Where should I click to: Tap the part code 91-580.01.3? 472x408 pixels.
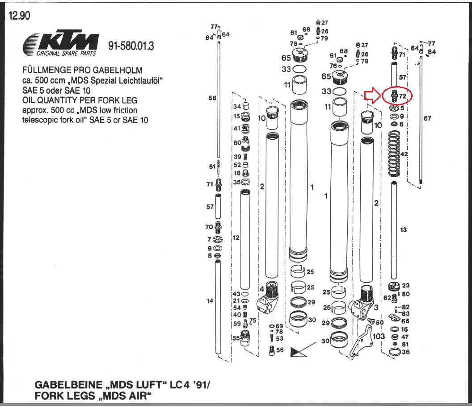(x=131, y=46)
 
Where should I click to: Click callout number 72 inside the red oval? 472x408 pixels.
(x=402, y=96)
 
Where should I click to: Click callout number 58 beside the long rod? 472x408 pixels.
(x=212, y=98)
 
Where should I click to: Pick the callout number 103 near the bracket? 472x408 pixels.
(x=379, y=336)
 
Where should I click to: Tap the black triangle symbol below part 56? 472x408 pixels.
(x=296, y=352)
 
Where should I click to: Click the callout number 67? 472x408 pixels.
(x=427, y=118)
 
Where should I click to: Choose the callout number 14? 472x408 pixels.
(x=210, y=301)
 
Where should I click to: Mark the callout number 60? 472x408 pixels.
(x=237, y=143)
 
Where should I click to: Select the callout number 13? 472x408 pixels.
(x=404, y=230)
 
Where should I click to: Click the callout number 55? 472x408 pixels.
(x=236, y=338)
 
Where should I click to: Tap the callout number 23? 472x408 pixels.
(x=405, y=285)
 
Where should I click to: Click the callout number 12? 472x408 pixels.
(x=236, y=237)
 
